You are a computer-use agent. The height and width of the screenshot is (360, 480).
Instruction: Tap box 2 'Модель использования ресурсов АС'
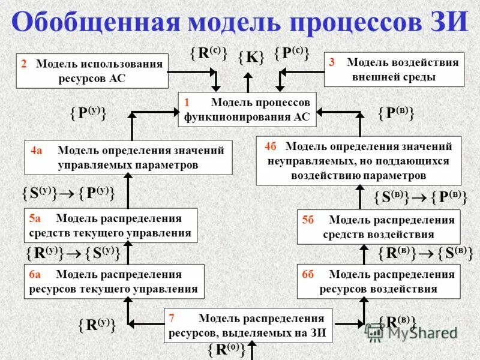(x=92, y=71)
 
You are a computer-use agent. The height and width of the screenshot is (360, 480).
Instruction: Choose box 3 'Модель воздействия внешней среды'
(x=394, y=70)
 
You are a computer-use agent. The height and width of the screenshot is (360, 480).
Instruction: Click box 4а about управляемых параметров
(x=128, y=157)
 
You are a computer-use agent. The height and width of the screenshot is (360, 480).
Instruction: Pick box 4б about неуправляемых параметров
(x=358, y=161)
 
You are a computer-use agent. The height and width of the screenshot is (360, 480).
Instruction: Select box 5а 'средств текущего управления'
(x=110, y=226)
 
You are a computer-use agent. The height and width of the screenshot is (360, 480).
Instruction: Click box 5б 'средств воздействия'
(x=379, y=227)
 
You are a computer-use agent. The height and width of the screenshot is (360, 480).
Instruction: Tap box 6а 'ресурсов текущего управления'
(x=113, y=281)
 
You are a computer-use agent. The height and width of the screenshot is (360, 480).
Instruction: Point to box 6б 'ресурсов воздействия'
(x=379, y=281)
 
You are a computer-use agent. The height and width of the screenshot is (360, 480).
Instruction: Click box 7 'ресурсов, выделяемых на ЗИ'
(x=248, y=325)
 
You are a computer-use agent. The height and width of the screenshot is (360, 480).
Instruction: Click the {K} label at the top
(x=251, y=58)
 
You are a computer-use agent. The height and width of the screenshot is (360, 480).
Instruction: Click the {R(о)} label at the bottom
(x=226, y=349)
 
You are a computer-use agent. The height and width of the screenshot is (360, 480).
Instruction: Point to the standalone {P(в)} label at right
(x=397, y=113)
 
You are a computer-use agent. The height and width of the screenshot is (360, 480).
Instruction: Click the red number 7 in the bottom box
(x=172, y=318)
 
